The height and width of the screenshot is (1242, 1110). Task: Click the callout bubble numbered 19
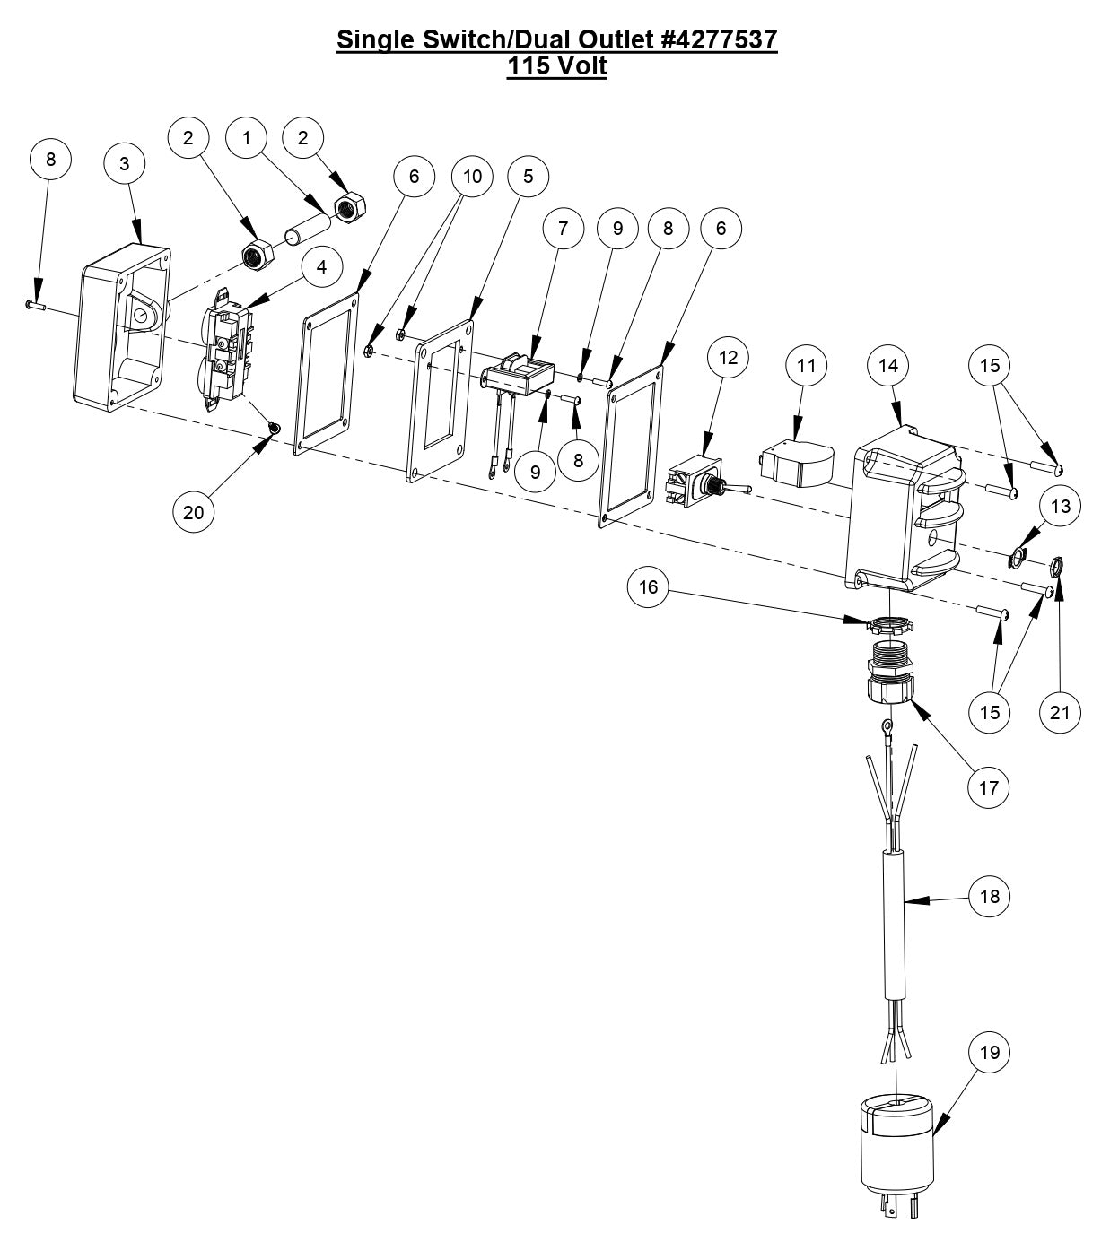coord(990,1052)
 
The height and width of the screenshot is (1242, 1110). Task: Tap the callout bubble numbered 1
coord(248,137)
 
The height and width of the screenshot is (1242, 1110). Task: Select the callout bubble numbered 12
coord(729,357)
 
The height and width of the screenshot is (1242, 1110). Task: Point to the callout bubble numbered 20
coord(194,512)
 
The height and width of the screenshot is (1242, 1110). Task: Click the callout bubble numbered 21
coord(1060,712)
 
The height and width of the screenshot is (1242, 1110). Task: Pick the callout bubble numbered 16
coord(649,586)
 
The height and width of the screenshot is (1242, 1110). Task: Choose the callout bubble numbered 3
coord(125,163)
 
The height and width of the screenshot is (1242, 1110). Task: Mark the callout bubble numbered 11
coord(808,366)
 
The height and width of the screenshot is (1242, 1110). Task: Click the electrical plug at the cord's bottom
coord(895,1156)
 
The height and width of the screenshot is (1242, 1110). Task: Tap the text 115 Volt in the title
coord(556,65)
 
